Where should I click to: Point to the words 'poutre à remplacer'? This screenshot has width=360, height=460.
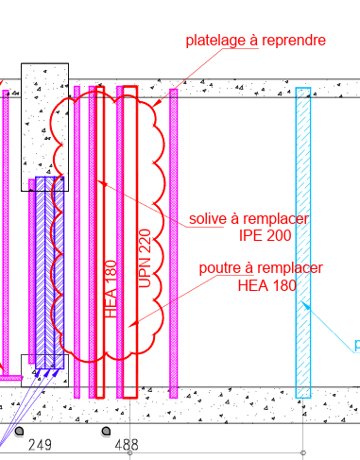pyautogui.click(x=261, y=268)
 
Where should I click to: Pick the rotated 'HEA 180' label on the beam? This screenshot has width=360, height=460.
pyautogui.click(x=110, y=288)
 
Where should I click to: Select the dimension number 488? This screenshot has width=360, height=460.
pyautogui.click(x=126, y=444)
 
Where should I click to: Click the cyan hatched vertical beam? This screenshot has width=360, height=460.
pyautogui.click(x=302, y=242)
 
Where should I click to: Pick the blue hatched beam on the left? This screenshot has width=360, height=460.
pyautogui.click(x=48, y=269)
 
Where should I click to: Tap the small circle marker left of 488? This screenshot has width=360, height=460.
pyautogui.click(x=105, y=432)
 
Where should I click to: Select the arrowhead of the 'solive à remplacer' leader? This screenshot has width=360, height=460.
pyautogui.click(x=100, y=179)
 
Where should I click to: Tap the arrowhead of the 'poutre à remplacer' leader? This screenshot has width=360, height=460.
pyautogui.click(x=131, y=326)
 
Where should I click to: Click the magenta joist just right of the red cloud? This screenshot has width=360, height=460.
pyautogui.click(x=173, y=242)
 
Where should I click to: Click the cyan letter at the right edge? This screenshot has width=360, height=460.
pyautogui.click(x=356, y=346)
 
